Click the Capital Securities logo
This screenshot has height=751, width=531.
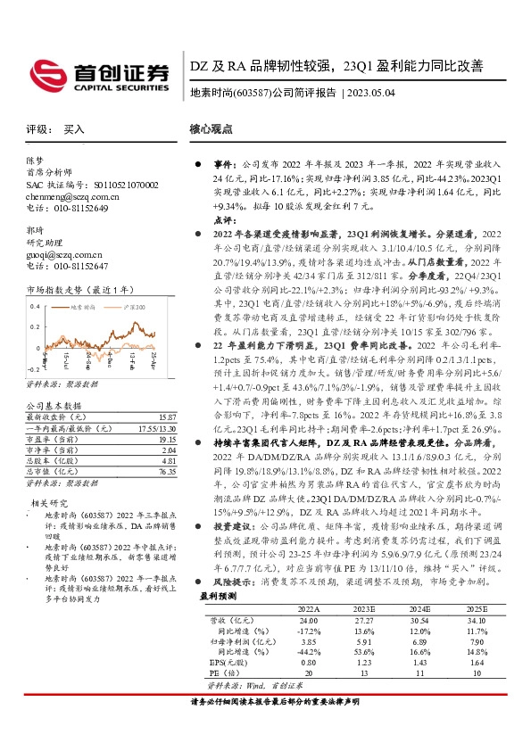tap(97, 72)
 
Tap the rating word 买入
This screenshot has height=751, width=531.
tap(74, 130)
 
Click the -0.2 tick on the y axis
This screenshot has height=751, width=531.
tap(33, 367)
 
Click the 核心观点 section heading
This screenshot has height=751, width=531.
tap(212, 128)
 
